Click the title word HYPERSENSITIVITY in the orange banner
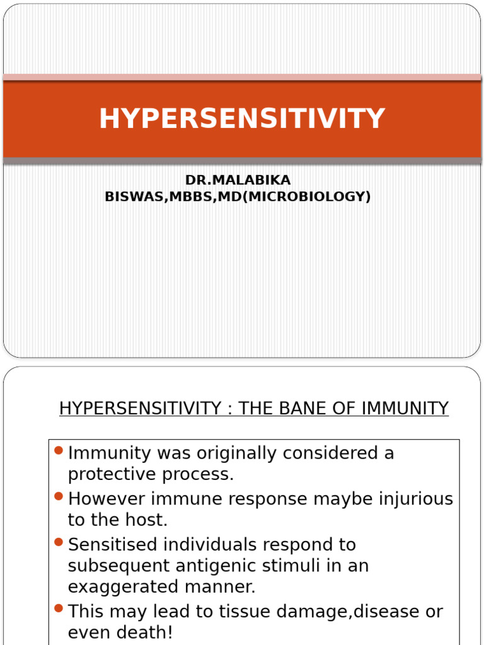click(241, 119)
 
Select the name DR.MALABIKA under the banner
click(238, 181)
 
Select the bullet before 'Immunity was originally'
click(59, 450)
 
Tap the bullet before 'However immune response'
click(59, 496)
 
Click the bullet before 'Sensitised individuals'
click(59, 542)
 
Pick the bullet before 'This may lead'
click(59, 608)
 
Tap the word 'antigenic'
click(206, 566)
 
